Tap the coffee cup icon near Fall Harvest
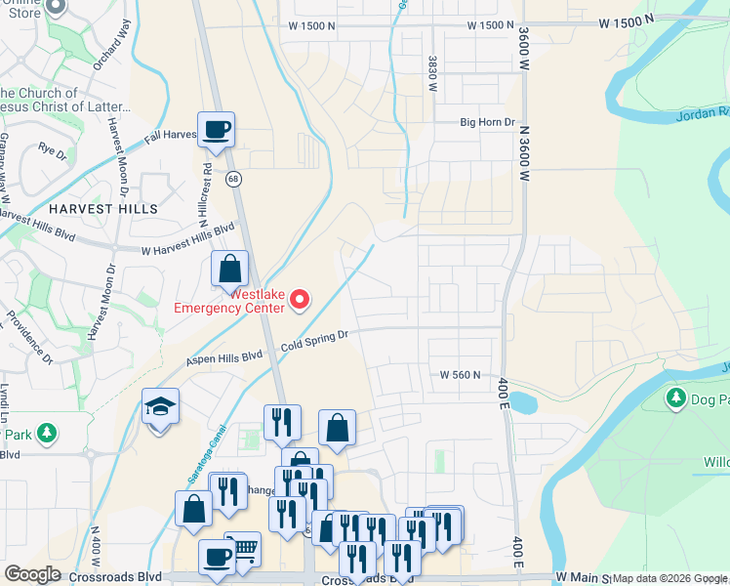[216, 129]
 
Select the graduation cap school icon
[160, 406]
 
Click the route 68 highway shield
[233, 179]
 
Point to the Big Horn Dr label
[487, 122]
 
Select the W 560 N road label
[462, 374]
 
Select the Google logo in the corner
[32, 574]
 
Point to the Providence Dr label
[33, 338]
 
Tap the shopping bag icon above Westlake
[229, 268]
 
